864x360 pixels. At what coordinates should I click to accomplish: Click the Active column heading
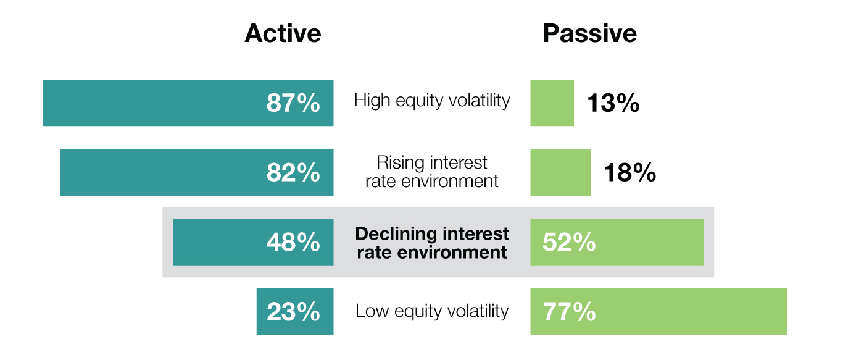283,33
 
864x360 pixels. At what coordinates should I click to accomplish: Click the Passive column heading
590,33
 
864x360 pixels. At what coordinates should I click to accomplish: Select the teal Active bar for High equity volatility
188,103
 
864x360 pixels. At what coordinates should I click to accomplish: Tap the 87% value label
293,103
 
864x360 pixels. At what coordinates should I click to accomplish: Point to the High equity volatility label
432,100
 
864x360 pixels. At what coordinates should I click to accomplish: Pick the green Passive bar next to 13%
552,103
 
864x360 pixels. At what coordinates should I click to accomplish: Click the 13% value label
613,103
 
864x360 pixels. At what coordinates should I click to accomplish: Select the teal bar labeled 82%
197,172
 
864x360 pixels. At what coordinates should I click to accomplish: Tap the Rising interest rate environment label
432,172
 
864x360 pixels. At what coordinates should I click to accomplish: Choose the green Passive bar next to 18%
560,172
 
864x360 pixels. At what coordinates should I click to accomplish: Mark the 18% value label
630,172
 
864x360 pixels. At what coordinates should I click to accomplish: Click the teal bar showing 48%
254,242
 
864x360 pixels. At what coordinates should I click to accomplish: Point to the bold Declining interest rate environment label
432,243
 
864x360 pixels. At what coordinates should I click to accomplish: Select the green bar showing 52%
617,242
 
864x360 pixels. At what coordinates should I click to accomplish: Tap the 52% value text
569,242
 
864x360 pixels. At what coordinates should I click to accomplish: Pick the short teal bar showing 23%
295,311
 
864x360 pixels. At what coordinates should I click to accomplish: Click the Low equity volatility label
432,311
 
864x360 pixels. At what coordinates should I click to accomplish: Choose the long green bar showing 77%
659,311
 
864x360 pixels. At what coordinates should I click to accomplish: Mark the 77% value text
569,312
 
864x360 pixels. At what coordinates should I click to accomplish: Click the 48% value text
293,242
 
